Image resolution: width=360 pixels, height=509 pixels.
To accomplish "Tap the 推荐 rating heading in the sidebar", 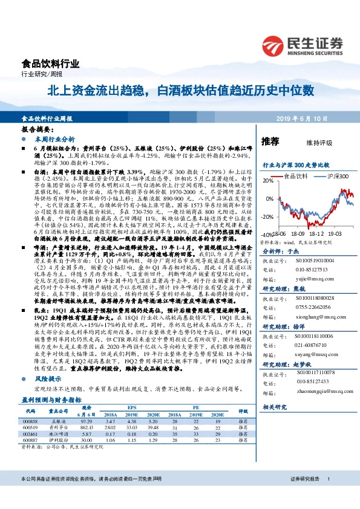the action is coord(270,141).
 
